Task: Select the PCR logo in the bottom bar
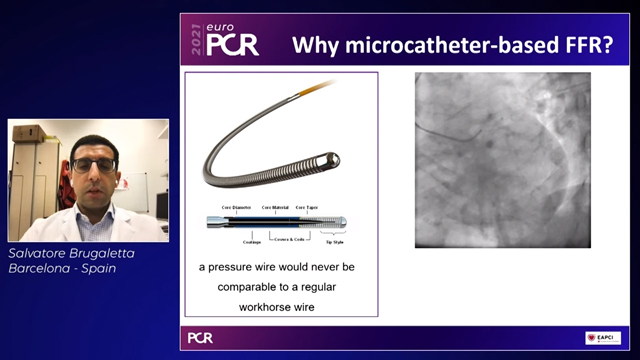point(201,338)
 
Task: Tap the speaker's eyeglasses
point(94,164)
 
